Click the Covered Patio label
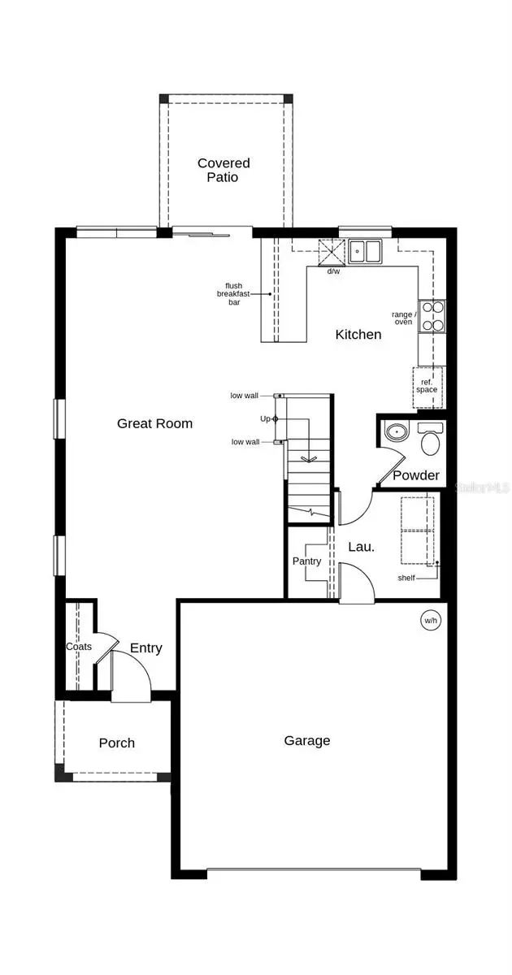223,170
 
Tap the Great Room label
154,423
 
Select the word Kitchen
358,334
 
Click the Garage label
307,740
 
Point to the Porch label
117,743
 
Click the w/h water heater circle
429,621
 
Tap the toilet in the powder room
429,439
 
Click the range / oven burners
432,316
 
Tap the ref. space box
427,384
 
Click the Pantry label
306,561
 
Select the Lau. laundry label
362,547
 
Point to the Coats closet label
79,647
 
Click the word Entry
146,648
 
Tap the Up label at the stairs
265,418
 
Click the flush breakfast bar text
234,293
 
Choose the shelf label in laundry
407,578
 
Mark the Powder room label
416,475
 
